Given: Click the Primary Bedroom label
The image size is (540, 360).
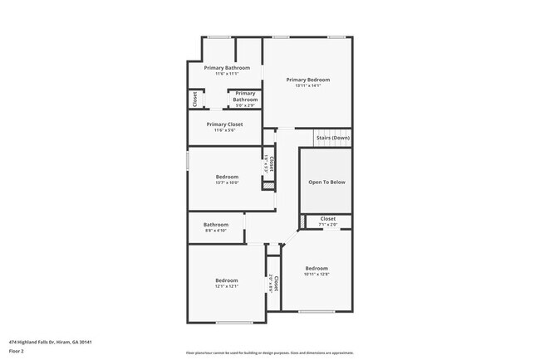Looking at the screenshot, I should (x=307, y=80).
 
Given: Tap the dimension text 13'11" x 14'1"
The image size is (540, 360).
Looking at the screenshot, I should (x=307, y=85).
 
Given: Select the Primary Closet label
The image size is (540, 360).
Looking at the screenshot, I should (x=224, y=124).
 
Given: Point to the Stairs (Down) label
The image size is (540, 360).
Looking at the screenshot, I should (x=332, y=138).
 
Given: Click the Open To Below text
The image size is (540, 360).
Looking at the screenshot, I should (x=326, y=182).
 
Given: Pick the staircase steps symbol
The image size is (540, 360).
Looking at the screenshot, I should (x=331, y=137).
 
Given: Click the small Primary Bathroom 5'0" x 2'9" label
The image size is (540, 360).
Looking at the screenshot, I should (x=245, y=97).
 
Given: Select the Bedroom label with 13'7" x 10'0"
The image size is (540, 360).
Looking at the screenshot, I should (x=227, y=177).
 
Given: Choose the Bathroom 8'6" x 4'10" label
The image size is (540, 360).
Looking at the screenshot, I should (x=216, y=226).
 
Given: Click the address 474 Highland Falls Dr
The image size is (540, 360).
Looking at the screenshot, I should (x=50, y=342).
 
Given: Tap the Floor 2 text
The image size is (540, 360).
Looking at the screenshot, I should (x=17, y=351).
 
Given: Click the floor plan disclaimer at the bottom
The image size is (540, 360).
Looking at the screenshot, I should (x=270, y=353).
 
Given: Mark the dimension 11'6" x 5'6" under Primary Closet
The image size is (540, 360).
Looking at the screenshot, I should (x=224, y=130).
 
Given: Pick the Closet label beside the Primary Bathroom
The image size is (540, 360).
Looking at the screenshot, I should (x=195, y=100).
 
